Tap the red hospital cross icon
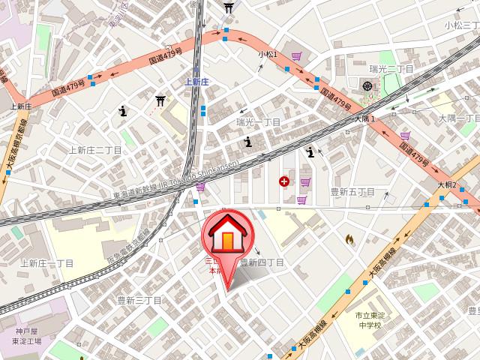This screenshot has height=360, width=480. point(284,181)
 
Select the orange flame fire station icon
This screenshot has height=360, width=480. point(349,238)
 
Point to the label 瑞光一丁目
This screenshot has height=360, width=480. point(258,122)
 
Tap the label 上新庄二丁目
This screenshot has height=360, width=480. point(95,150)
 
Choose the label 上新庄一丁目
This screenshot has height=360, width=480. point(46,263)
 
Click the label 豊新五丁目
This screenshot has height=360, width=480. point(352,192)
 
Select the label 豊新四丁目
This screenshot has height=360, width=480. point(262,263)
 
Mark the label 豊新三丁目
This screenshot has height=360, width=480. point(139,300)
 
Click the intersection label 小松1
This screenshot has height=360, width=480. point(268,55)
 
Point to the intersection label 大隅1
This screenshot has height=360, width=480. point(364,118)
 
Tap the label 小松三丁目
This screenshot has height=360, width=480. point(460,25)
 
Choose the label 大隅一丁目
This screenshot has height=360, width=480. point(458,118)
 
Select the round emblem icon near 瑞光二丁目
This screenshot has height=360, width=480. point(367,86)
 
